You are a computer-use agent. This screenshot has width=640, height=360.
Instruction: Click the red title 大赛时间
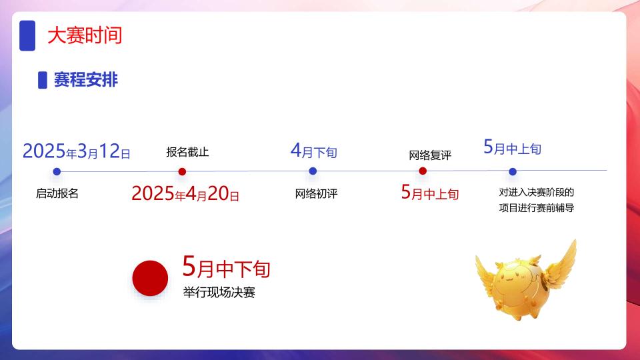[85, 35]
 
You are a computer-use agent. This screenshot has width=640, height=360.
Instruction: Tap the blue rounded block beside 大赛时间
[27, 35]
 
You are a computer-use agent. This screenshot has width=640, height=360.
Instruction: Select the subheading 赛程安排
[86, 79]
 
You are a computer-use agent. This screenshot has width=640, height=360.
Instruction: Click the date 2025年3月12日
[76, 151]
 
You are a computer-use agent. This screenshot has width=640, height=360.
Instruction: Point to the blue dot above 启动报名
[57, 171]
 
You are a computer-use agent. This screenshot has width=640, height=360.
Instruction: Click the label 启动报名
[57, 193]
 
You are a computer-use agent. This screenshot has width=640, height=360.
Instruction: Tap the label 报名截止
[187, 152]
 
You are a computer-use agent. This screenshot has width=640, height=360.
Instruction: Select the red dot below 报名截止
[182, 172]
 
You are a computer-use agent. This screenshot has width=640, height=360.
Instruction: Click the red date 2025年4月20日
[185, 193]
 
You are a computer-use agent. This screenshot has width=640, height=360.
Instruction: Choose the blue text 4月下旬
[313, 151]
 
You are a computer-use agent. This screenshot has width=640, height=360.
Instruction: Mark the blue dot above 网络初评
[313, 171]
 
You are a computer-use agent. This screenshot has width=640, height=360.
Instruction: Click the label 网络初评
[316, 193]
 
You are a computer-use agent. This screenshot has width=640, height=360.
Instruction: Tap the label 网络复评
[430, 155]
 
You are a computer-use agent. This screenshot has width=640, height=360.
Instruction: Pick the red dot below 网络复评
[423, 171]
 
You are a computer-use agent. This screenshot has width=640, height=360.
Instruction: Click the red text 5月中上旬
[430, 192]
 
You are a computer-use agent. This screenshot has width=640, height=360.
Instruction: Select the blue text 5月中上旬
[512, 147]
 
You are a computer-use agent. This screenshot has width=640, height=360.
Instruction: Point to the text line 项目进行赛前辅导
[537, 208]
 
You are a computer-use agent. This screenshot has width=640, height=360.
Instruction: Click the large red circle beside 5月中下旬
[150, 278]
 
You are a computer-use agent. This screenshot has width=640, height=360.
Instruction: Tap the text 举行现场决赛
[219, 292]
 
